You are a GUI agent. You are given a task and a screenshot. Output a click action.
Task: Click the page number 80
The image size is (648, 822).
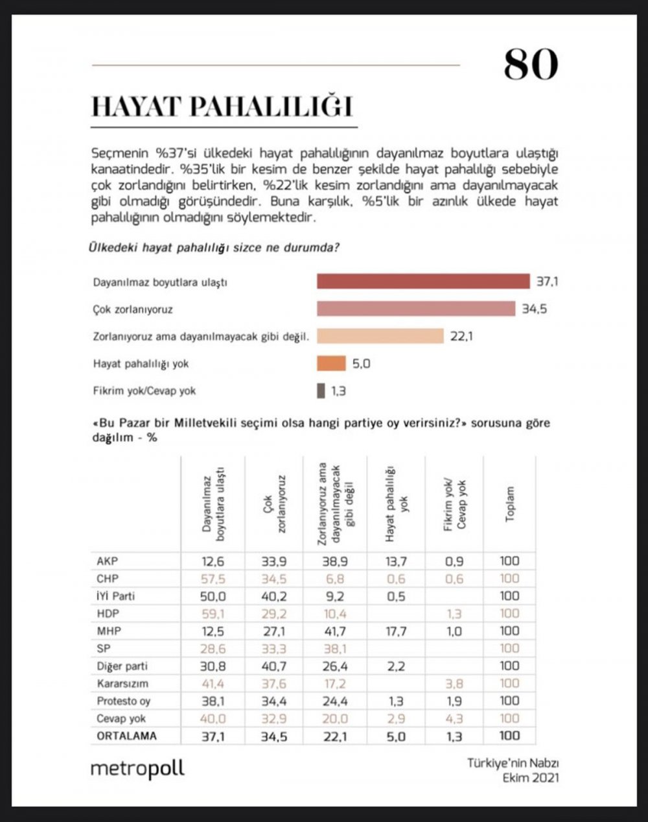(x=530, y=65)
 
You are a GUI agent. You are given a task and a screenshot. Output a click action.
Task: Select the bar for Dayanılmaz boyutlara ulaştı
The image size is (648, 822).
(x=422, y=282)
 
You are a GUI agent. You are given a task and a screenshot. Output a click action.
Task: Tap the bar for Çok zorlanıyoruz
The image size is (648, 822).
(x=415, y=309)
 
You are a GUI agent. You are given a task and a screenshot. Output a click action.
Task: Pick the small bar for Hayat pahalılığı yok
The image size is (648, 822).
(x=331, y=363)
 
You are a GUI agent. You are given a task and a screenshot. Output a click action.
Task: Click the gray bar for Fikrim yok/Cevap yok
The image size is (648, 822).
(x=321, y=391)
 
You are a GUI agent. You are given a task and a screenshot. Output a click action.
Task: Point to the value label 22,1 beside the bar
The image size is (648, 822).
(x=461, y=337)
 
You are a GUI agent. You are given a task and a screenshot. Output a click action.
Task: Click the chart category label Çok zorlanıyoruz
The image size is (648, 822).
(x=133, y=309)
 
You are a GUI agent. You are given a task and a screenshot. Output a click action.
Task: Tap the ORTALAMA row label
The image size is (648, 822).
(x=127, y=736)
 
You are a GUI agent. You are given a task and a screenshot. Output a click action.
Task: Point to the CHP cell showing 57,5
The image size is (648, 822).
(x=213, y=579)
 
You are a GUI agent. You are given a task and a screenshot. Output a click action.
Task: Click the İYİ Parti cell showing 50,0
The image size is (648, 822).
(x=213, y=596)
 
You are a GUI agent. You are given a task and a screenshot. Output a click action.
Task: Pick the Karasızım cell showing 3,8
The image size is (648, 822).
(x=454, y=683)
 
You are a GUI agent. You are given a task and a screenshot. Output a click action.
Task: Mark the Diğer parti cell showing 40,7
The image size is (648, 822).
(x=273, y=666)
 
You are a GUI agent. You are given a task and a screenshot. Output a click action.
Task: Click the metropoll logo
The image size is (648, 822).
(x=137, y=769)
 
